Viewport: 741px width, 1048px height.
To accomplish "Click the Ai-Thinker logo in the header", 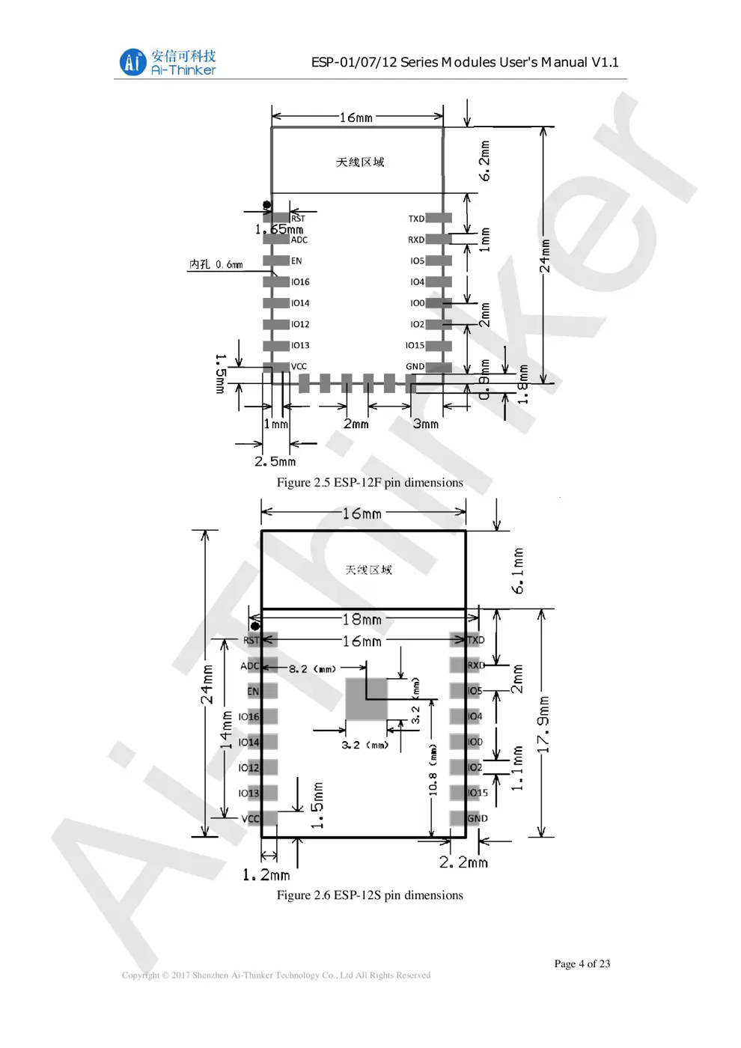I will coord(167,62).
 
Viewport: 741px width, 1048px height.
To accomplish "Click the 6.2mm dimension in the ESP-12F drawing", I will coord(485,160).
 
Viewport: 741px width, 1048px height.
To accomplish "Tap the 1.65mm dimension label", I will coord(279,229).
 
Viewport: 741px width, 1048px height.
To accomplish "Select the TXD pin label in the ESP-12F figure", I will coord(416,219).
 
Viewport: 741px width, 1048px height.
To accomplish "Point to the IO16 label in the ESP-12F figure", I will coord(300,282).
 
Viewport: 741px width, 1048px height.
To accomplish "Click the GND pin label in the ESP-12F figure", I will coord(415,367).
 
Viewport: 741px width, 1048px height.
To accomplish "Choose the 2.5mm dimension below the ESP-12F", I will coord(275,461).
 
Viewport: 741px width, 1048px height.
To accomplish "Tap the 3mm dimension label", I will coord(425,424).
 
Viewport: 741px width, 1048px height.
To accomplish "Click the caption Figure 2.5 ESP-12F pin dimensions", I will coord(370,483).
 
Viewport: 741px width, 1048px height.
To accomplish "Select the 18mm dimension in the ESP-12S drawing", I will coord(362,619).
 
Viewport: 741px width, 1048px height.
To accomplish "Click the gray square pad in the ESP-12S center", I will coord(366,700).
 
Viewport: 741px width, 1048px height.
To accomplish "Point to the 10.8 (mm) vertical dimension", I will coord(433,769).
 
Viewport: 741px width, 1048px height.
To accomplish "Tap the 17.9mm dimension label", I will coord(544,724).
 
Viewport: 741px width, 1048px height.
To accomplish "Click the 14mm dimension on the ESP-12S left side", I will coord(225,729).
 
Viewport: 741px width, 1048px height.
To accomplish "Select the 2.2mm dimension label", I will coord(463,862).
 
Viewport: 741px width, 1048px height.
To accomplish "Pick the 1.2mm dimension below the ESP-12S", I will coord(266,874).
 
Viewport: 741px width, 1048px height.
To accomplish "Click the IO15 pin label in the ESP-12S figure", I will coord(478,793).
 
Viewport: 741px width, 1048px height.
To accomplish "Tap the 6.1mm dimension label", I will coord(517,570).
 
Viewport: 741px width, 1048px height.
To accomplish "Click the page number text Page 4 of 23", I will coord(582,963).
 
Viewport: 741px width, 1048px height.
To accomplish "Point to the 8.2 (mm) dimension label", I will coord(312,668).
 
